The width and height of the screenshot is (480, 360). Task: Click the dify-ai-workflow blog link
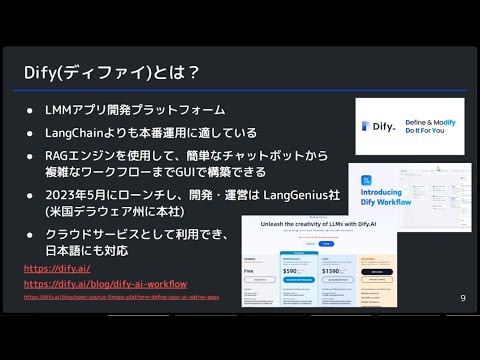[x=105, y=284]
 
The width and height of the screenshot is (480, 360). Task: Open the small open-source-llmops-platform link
[x=120, y=297]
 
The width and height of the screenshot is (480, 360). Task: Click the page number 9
[x=463, y=298]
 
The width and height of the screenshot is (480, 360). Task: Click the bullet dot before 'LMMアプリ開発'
[x=30, y=109]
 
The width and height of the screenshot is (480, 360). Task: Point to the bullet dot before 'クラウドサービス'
[x=30, y=234]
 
